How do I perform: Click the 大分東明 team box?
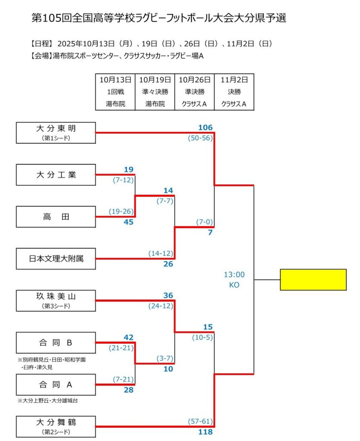tap(56, 133)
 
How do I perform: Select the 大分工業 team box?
tap(56, 174)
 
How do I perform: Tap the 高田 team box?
tap(56, 217)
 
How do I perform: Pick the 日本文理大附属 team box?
tap(56, 259)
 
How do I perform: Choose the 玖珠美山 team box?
tap(56, 300)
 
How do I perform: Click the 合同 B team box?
tap(56, 342)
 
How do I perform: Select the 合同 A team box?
tap(56, 385)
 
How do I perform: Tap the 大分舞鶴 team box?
tap(56, 426)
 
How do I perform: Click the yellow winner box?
tap(313, 280)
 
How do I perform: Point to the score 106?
tap(205, 127)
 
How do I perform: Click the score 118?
tap(205, 432)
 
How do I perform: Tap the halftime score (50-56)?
tap(200, 138)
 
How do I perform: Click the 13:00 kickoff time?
tap(234, 274)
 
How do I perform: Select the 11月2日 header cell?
tap(234, 80)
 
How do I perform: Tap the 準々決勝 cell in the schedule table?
tap(155, 92)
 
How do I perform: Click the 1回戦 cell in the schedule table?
tap(115, 92)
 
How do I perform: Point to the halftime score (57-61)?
tap(200, 421)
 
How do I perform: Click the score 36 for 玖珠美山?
tap(168, 295)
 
